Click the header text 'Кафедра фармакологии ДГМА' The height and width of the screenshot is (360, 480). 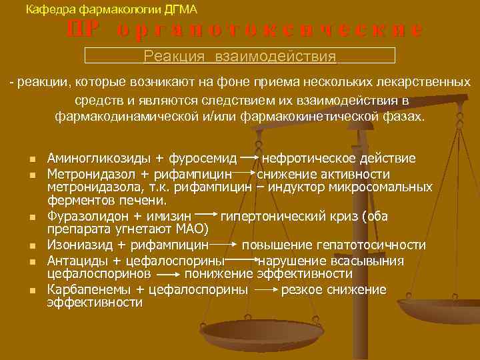pos(111,9)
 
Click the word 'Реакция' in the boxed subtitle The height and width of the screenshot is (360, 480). pos(175,56)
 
